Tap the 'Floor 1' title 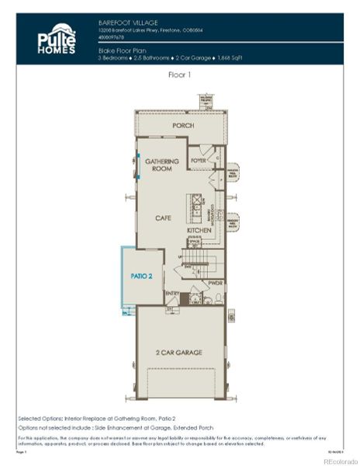coord(179,75)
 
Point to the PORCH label coord(183,125)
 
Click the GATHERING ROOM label coord(162,165)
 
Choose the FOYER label coord(199,161)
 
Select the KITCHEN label coord(199,231)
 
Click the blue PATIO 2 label coord(141,276)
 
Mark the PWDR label coord(215,283)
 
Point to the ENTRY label coord(172,293)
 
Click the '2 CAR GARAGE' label coord(178,352)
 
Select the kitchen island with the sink coord(197,207)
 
